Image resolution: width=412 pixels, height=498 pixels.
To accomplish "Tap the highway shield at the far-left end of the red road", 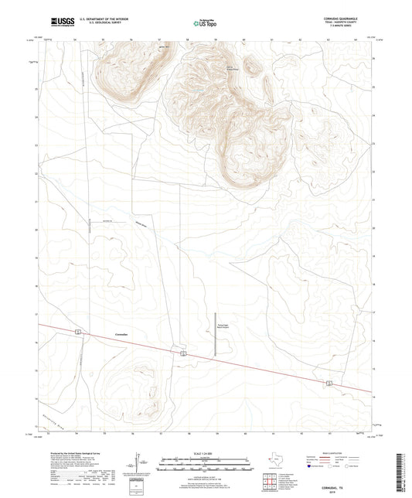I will point(78,331).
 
